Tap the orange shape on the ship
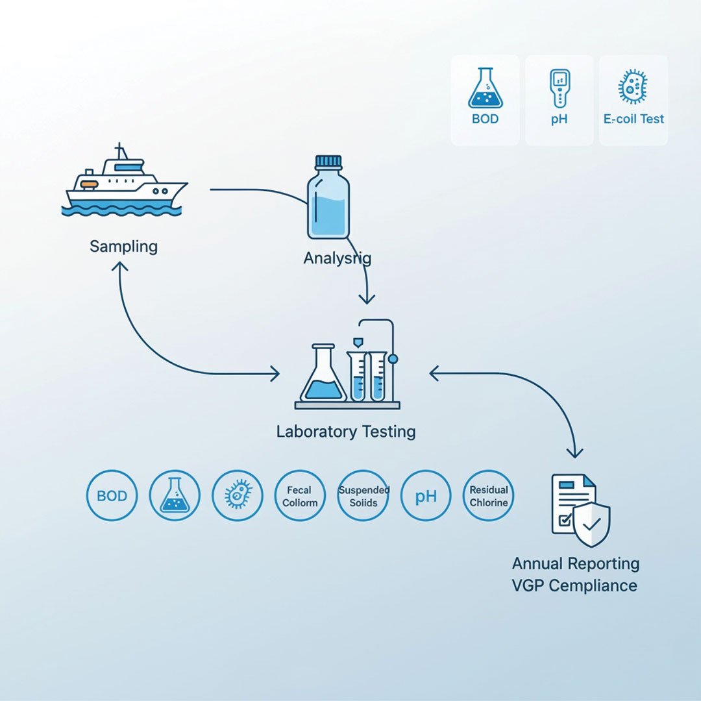tap(89, 184)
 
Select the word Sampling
tap(123, 247)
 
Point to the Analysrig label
tap(338, 258)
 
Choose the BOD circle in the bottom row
tap(112, 496)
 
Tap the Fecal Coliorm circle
tap(301, 496)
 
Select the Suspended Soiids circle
tap(363, 496)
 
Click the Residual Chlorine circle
tap(489, 496)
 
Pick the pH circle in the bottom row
tap(426, 496)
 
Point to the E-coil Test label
tap(633, 119)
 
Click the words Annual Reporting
tap(576, 563)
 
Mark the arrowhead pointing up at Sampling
tap(121, 266)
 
